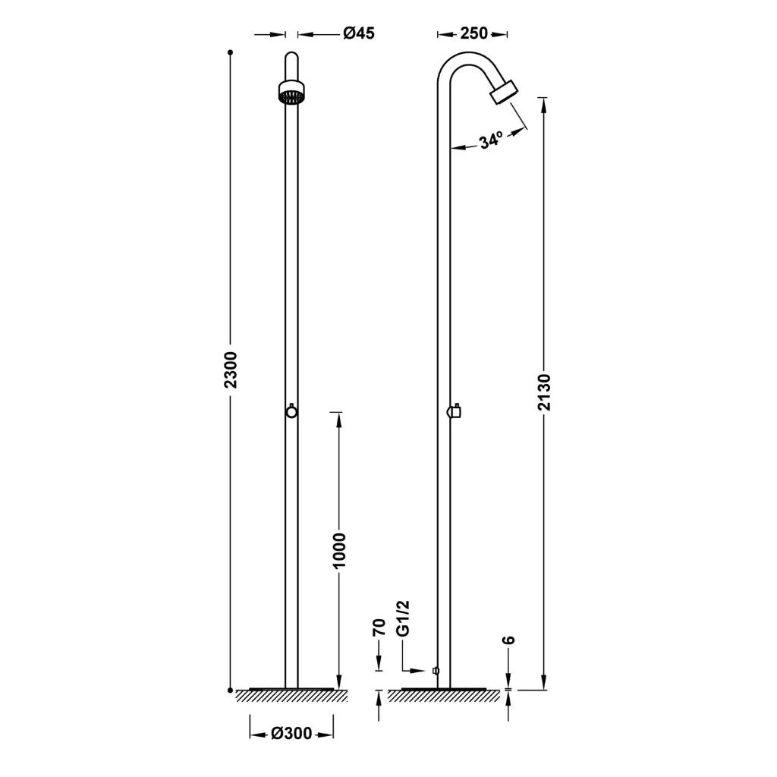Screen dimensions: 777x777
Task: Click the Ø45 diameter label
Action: tap(359, 33)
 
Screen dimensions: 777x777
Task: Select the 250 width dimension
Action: tap(473, 33)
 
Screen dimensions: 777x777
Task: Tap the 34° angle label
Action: tap(491, 140)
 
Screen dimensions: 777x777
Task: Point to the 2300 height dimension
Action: tap(231, 370)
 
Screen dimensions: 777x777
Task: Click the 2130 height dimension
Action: tap(544, 392)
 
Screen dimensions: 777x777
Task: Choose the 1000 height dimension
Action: tap(339, 551)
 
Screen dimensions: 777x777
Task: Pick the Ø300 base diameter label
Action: tap(291, 734)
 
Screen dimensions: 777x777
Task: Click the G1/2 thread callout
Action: tap(403, 618)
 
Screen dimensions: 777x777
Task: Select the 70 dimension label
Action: tap(379, 627)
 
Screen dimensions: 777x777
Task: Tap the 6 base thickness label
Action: tap(508, 640)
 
